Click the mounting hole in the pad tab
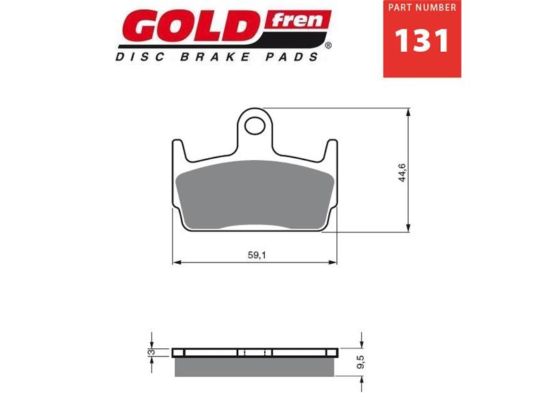tap(257, 125)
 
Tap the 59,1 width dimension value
tap(255, 255)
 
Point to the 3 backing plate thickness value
tap(152, 352)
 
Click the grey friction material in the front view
tap(255, 194)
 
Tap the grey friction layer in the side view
tap(255, 367)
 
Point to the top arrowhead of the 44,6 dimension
tap(408, 112)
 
